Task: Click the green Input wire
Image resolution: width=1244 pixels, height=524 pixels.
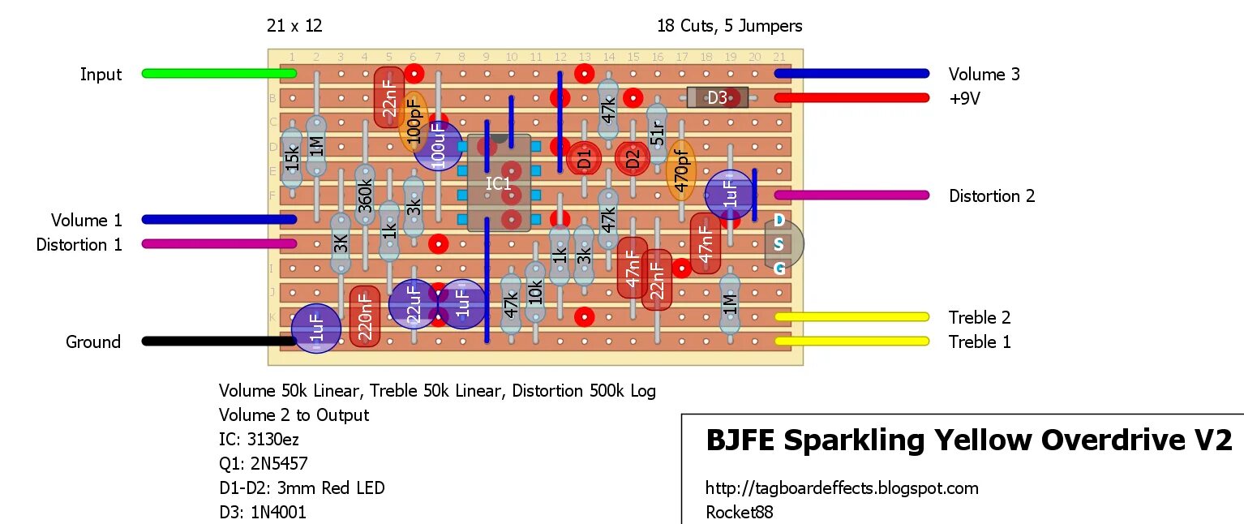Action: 219,74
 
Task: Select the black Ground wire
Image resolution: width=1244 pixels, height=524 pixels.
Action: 219,341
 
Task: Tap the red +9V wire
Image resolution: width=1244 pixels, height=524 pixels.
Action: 851,98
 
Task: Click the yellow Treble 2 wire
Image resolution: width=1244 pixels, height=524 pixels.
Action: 851,317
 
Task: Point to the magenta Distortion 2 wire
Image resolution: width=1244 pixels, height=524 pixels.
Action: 851,195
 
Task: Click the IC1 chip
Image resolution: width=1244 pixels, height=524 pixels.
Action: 499,183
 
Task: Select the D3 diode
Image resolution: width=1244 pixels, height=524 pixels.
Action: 717,98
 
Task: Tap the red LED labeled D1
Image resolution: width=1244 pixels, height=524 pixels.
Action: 584,160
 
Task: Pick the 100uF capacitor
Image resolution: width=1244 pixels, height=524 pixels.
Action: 439,147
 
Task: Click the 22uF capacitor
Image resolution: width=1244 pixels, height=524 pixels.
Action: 413,305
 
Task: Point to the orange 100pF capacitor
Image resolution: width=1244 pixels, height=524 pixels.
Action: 414,122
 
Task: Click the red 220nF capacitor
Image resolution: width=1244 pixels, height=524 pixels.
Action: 365,316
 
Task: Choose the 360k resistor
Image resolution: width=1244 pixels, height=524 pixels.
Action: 365,195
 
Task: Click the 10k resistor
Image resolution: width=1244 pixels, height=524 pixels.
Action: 535,292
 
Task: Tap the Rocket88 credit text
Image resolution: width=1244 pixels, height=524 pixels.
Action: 740,513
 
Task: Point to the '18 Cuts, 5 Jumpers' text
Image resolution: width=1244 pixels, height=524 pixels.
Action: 729,26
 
